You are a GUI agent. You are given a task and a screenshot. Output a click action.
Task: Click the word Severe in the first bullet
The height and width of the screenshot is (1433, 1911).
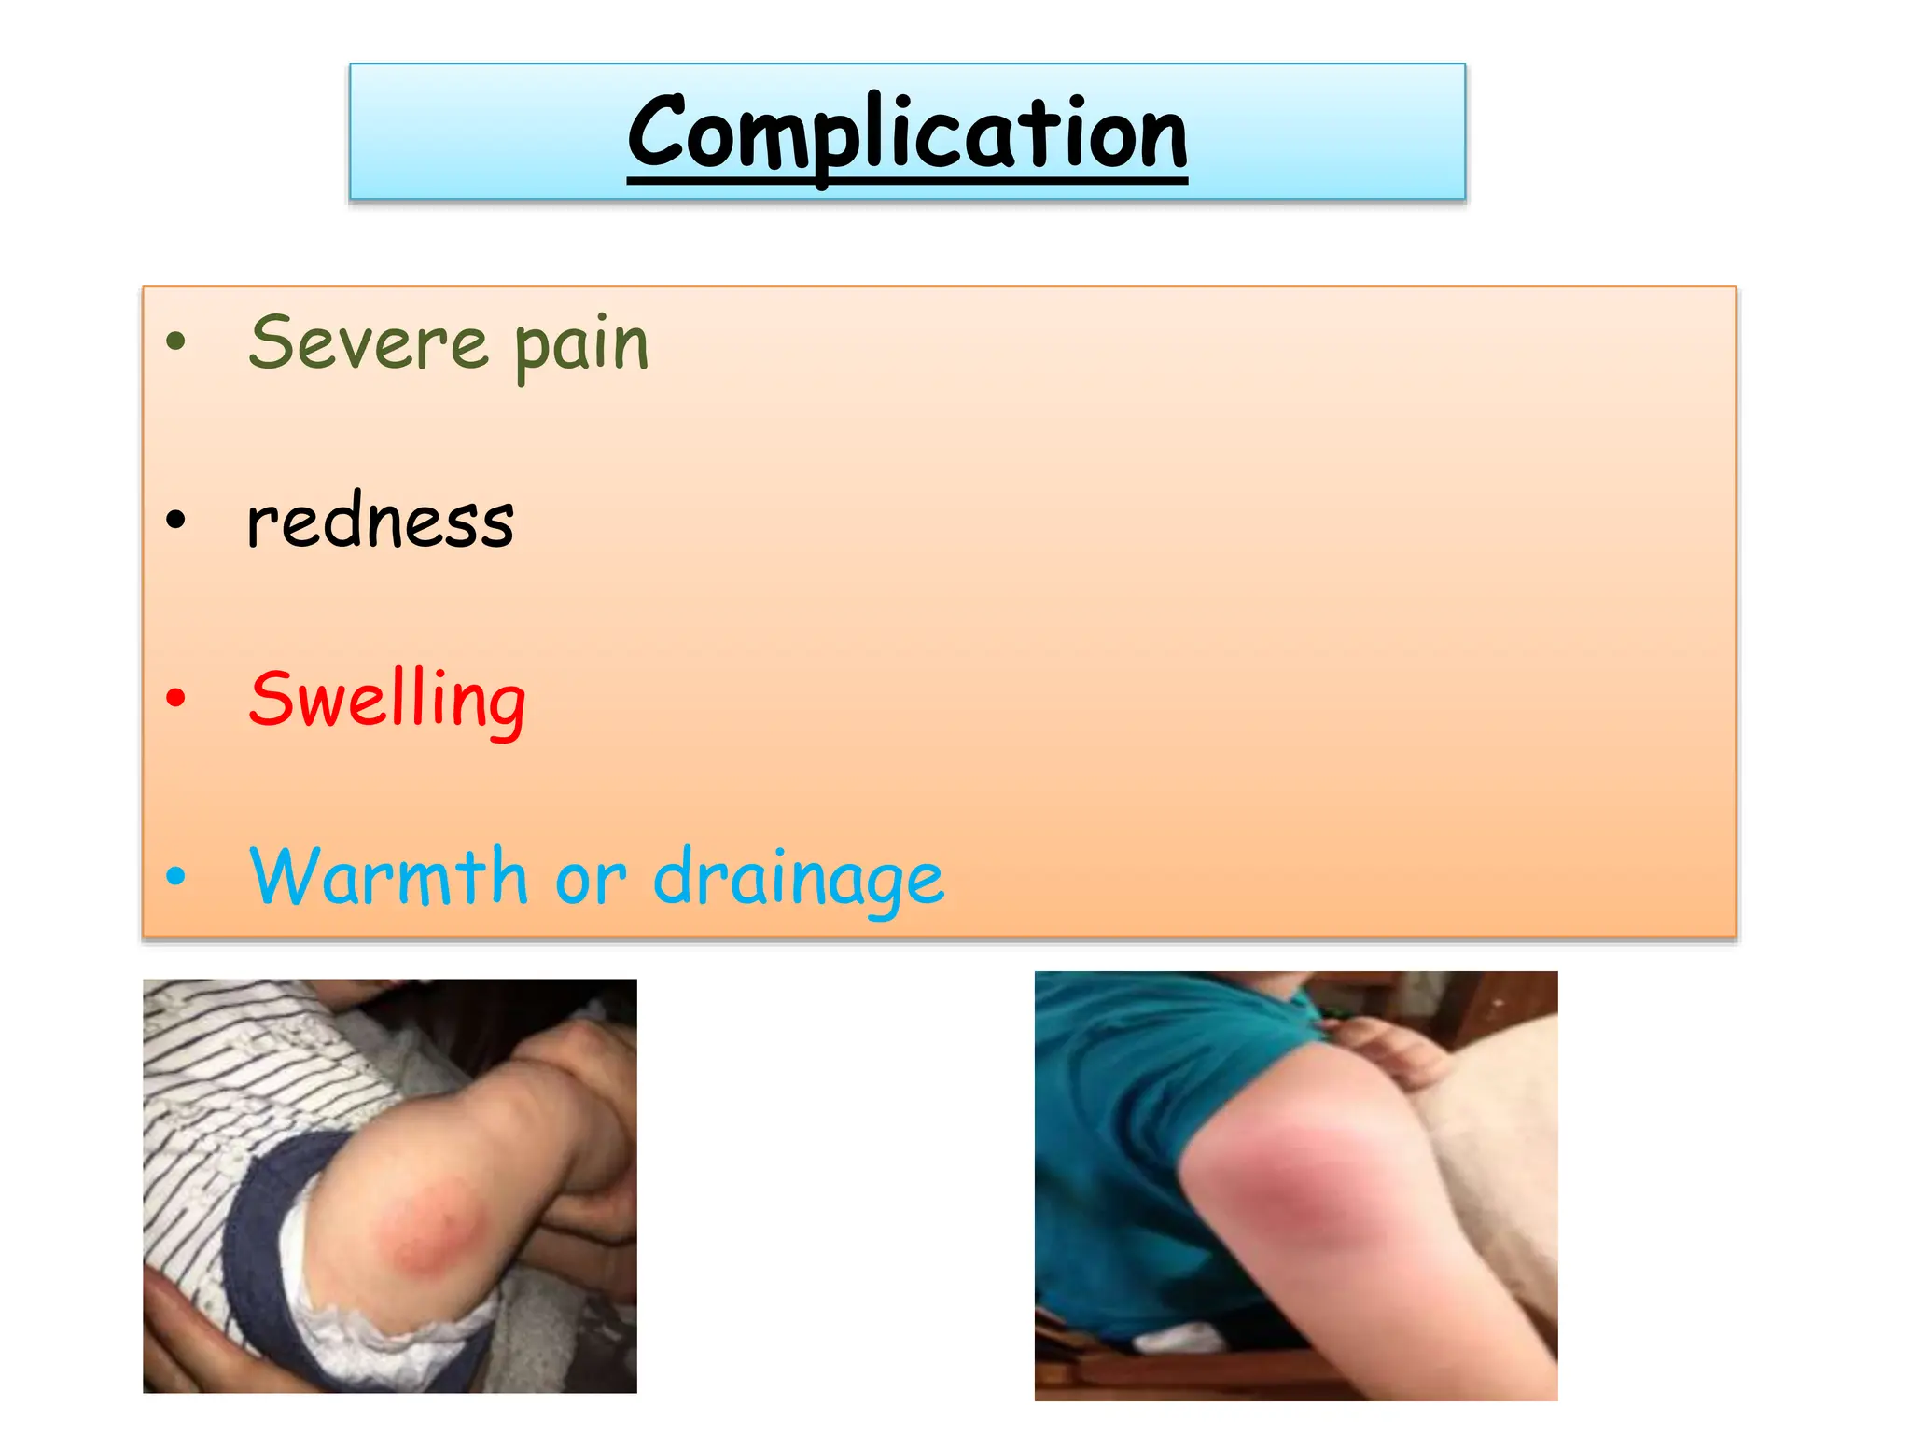point(369,343)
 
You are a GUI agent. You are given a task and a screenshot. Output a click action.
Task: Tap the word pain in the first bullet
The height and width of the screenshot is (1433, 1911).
point(581,345)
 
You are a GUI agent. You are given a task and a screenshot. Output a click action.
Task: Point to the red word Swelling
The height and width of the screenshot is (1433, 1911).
point(387,699)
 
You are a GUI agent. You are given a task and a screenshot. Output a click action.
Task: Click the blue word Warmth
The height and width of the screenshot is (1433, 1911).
point(389,876)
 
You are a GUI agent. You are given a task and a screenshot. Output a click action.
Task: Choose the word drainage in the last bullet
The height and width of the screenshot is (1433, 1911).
point(798,879)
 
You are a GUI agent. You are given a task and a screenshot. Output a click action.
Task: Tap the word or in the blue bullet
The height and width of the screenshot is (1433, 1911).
point(590,879)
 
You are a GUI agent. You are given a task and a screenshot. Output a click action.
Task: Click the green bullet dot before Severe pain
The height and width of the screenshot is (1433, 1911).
point(175,341)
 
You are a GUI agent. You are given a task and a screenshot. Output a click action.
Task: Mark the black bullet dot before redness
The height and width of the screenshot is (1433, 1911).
point(175,520)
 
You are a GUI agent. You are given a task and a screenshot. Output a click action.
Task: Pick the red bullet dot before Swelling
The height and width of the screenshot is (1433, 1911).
point(175,697)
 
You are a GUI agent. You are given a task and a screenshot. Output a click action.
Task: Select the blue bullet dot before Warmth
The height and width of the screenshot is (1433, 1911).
point(175,875)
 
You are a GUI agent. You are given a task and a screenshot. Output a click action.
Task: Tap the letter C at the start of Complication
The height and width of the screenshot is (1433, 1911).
point(658,132)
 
